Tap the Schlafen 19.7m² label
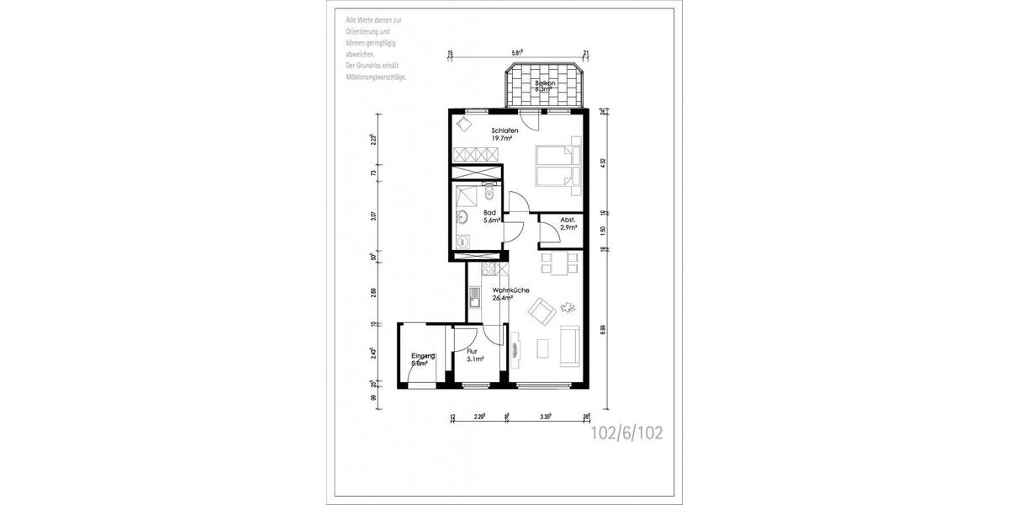[x=504, y=135]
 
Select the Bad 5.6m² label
[x=492, y=217]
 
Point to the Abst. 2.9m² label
[x=568, y=224]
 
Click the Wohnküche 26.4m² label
[x=510, y=294]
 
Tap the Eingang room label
[x=423, y=359]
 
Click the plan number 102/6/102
[x=627, y=433]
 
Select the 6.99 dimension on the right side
[x=603, y=330]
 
